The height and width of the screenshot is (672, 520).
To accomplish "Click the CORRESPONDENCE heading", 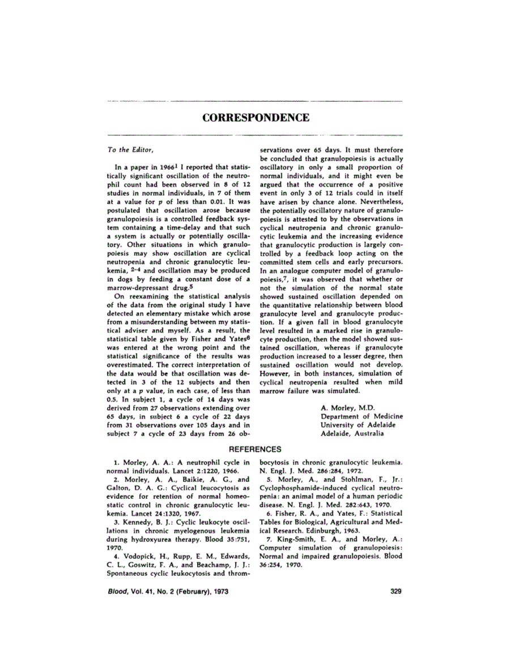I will [x=255, y=118].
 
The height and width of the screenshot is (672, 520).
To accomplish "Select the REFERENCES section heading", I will [x=254, y=449].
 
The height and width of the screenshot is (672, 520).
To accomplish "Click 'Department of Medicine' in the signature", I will [x=357, y=416].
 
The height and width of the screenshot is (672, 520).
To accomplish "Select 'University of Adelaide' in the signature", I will [x=358, y=425].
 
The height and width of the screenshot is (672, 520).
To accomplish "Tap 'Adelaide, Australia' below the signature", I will [x=352, y=434].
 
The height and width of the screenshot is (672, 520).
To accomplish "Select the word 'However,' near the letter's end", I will [x=274, y=374].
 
